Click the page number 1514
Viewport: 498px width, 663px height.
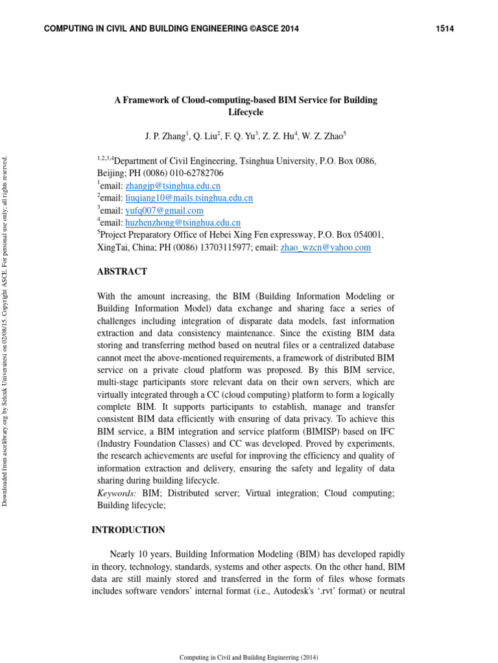[444, 28]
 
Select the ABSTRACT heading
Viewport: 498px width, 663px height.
[122, 272]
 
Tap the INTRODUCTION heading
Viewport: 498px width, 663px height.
[128, 530]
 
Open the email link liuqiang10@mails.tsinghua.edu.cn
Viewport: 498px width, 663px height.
[189, 198]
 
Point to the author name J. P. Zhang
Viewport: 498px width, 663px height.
[165, 137]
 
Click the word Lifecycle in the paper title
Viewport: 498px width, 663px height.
[246, 113]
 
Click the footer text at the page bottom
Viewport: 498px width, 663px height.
[248, 657]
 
